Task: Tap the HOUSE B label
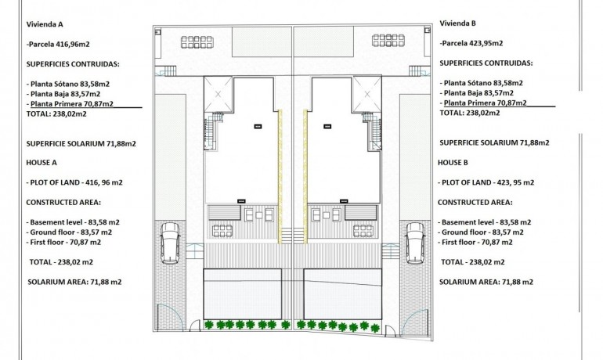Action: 457,162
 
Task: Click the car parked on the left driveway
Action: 170,243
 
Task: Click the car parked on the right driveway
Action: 415,243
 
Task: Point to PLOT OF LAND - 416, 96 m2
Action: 75,182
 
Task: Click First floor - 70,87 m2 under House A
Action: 69,242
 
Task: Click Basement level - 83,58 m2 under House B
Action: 485,221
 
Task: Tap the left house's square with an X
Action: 218,95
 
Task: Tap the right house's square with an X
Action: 364,95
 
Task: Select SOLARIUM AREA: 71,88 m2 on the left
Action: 74,282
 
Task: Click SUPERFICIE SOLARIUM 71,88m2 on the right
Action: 494,142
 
